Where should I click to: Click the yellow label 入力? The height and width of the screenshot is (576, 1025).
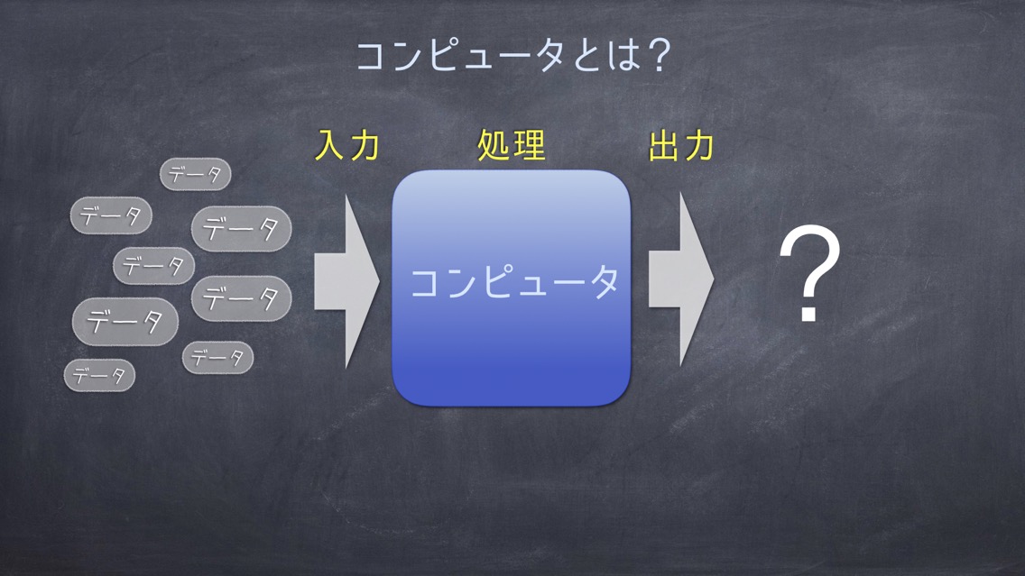347,145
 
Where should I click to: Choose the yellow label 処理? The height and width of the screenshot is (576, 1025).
512,145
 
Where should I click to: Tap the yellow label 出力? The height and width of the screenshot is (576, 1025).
681,145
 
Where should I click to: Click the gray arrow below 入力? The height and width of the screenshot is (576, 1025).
347,281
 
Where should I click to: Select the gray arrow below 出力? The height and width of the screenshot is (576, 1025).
680,279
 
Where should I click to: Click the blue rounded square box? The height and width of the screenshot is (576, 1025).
512,288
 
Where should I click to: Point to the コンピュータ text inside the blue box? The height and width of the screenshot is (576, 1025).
513,283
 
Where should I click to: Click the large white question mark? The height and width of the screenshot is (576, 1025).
809,273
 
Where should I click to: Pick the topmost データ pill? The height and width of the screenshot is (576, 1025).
196,174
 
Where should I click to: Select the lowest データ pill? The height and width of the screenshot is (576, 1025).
99,376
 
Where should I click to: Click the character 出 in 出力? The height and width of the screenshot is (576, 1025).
664,145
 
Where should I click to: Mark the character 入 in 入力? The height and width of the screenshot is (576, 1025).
330,145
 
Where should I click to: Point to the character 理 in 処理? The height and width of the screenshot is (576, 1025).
529,145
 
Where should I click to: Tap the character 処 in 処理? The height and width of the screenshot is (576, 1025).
494,145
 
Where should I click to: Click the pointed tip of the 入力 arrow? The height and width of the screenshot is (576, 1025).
380,281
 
